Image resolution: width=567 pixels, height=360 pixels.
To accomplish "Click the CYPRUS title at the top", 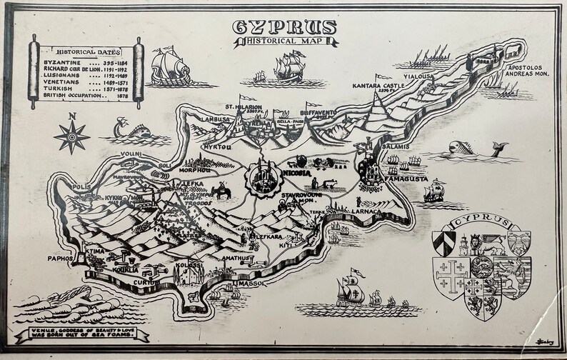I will (x=284, y=27).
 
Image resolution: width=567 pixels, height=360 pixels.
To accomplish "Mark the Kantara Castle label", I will (x=378, y=86).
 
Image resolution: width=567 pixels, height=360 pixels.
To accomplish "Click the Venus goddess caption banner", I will (x=84, y=333).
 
